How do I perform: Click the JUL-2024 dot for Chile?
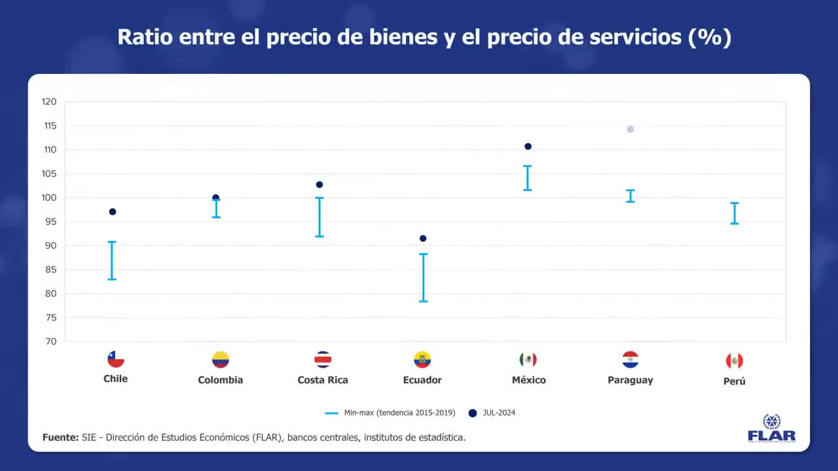[x=113, y=212]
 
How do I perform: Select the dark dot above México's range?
[x=528, y=147]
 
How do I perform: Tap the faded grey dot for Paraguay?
[x=630, y=130]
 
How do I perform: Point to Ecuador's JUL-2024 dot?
[x=423, y=239]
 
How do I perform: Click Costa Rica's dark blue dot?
[x=319, y=184]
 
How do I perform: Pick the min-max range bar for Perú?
[x=735, y=213]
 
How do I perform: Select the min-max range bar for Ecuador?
[x=424, y=277]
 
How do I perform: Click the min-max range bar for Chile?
[x=112, y=260]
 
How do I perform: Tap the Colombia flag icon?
[x=221, y=360]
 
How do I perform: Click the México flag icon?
[x=528, y=360]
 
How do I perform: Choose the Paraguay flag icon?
[x=630, y=360]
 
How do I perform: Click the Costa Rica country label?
[x=323, y=380]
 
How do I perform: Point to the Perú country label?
[x=735, y=381]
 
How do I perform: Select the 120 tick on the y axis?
[x=50, y=102]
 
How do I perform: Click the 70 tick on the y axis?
[x=51, y=341]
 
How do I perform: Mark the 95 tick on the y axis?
[x=51, y=222]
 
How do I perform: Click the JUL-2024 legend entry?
[x=492, y=413]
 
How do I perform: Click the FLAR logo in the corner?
[x=771, y=428]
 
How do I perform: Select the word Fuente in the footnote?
[x=60, y=437]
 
